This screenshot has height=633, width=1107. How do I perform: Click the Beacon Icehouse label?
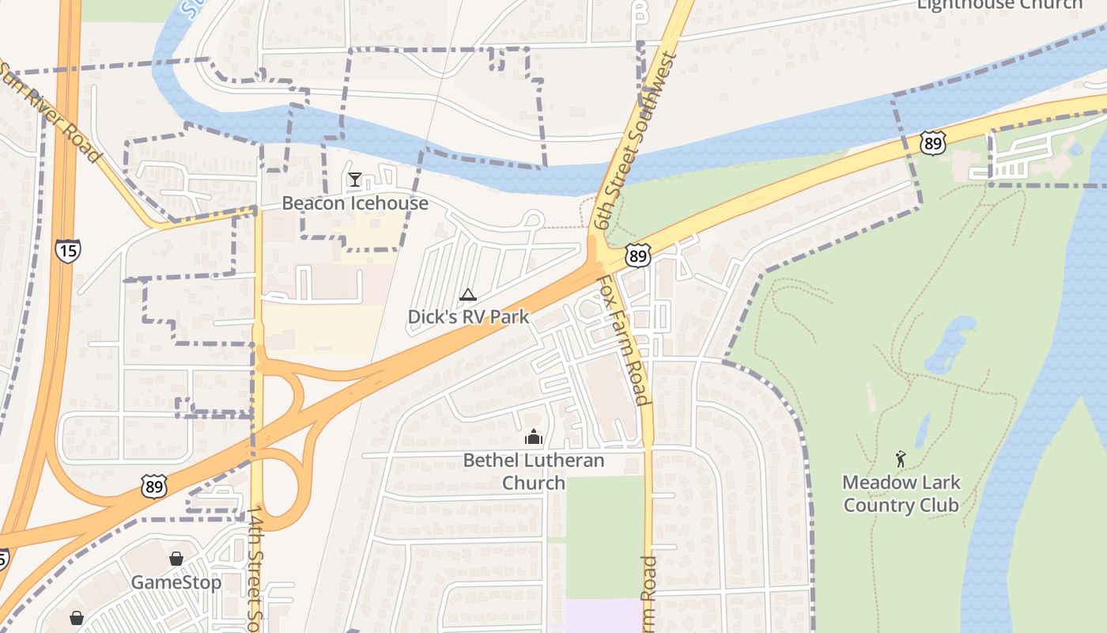[355, 203]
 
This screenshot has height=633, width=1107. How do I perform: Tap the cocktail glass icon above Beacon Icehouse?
[355, 180]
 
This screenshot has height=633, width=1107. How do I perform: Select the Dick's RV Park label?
[468, 317]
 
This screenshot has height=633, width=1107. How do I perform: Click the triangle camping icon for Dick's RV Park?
[468, 295]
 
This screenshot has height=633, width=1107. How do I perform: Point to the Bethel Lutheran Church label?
[534, 472]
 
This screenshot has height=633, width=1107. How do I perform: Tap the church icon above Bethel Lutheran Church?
[534, 437]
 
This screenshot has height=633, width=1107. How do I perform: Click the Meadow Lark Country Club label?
[901, 494]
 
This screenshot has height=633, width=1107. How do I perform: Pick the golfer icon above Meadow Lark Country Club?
[901, 459]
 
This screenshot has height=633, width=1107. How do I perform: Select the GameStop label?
[176, 583]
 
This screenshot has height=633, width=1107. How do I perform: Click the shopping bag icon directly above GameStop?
[176, 559]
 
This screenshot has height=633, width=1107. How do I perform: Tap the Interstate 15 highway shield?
[67, 252]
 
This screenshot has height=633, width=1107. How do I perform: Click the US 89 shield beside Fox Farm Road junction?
[637, 255]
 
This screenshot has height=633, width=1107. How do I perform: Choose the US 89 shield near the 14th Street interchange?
[154, 487]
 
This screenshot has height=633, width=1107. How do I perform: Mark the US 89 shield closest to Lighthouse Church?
[933, 142]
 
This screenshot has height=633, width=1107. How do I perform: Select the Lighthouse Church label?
[999, 5]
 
